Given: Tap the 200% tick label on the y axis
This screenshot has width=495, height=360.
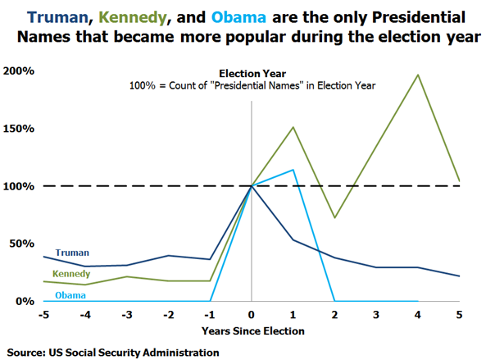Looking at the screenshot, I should [18, 71].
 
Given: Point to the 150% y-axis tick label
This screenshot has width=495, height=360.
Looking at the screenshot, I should [18, 129].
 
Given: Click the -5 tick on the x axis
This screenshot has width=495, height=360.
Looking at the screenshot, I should [45, 314].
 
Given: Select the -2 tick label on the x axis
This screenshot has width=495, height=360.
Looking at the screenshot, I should [168, 314].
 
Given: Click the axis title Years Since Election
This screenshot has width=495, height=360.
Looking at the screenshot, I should [252, 330].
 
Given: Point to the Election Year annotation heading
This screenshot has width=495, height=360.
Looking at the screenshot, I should [252, 73].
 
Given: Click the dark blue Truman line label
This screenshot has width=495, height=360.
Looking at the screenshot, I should [72, 253].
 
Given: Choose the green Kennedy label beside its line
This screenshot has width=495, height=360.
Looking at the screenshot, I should [71, 273].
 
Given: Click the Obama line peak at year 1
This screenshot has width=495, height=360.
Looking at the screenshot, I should [293, 170].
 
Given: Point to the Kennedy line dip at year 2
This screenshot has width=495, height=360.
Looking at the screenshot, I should [334, 218].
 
